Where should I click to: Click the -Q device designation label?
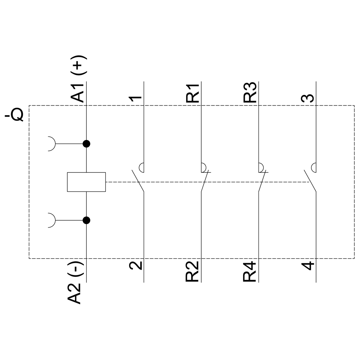[x=14, y=116]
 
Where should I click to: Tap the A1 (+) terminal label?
[x=78, y=79]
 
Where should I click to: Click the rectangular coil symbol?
[x=86, y=182]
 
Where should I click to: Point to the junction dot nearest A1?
[x=86, y=144]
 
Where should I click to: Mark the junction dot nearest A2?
[x=86, y=220]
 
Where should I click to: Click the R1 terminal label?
[x=193, y=93]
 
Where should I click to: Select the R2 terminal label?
[x=193, y=271]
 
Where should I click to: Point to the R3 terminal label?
[x=251, y=93]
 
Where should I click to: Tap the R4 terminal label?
[x=251, y=271]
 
